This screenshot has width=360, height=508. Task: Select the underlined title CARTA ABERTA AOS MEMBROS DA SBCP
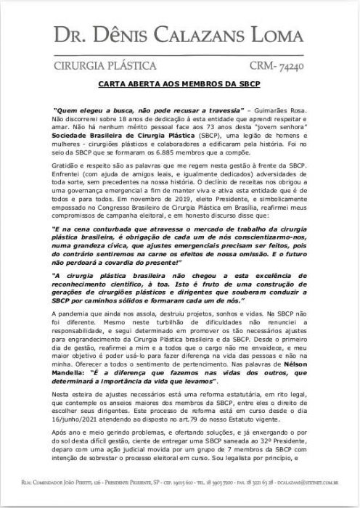coord(179,84)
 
